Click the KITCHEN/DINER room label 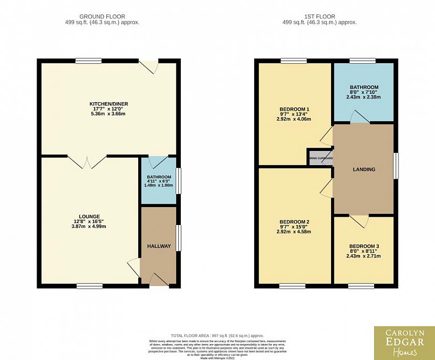click(x=109, y=104)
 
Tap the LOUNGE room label click(x=89, y=216)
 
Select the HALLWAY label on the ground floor click(x=159, y=246)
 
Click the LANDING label click(x=364, y=169)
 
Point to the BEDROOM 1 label click(x=294, y=109)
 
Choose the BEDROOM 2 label click(x=294, y=222)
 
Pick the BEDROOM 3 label click(x=364, y=246)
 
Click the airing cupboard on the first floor click(x=319, y=158)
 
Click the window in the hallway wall click(x=178, y=238)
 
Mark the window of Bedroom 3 click(x=361, y=286)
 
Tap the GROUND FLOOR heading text click(x=102, y=17)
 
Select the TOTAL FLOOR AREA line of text click(x=217, y=335)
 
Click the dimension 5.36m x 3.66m click(x=109, y=114)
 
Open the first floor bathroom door click(x=358, y=118)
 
